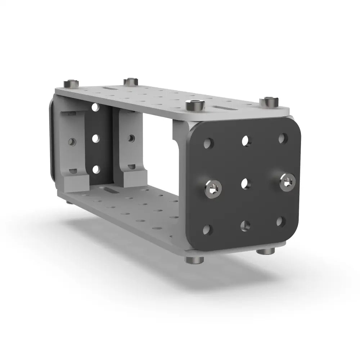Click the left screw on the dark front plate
coord(213,189)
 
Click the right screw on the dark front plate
coord(288,182)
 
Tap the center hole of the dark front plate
coord(246,184)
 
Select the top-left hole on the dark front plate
coord(208,143)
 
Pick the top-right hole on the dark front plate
coord(283,138)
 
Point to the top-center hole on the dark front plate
coord(246,140)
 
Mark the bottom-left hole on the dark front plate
coord(207,229)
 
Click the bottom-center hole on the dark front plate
coord(245,226)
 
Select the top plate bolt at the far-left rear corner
coord(71,84)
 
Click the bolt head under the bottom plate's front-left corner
coord(194,260)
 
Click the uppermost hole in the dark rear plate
coord(95,107)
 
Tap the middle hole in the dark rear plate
coord(96,139)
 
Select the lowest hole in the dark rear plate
coord(96,169)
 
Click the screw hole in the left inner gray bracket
coord(72,142)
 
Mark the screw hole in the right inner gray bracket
coord(131,138)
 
